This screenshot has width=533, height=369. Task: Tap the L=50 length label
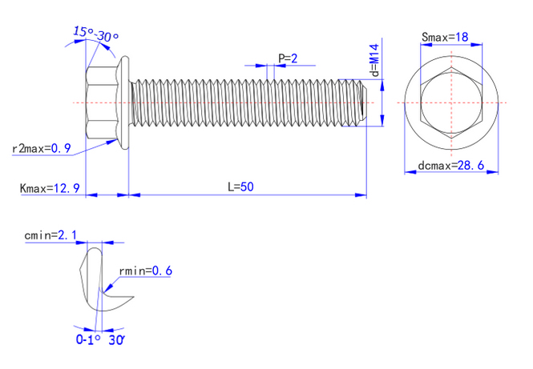tap(240, 187)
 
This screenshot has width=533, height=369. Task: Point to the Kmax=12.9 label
tap(50, 188)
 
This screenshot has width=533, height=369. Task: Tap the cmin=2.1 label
tap(51, 235)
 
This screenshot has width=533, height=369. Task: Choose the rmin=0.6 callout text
tap(145, 271)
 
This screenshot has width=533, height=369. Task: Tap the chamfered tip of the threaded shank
tap(361, 102)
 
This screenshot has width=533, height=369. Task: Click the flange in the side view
tap(123, 103)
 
